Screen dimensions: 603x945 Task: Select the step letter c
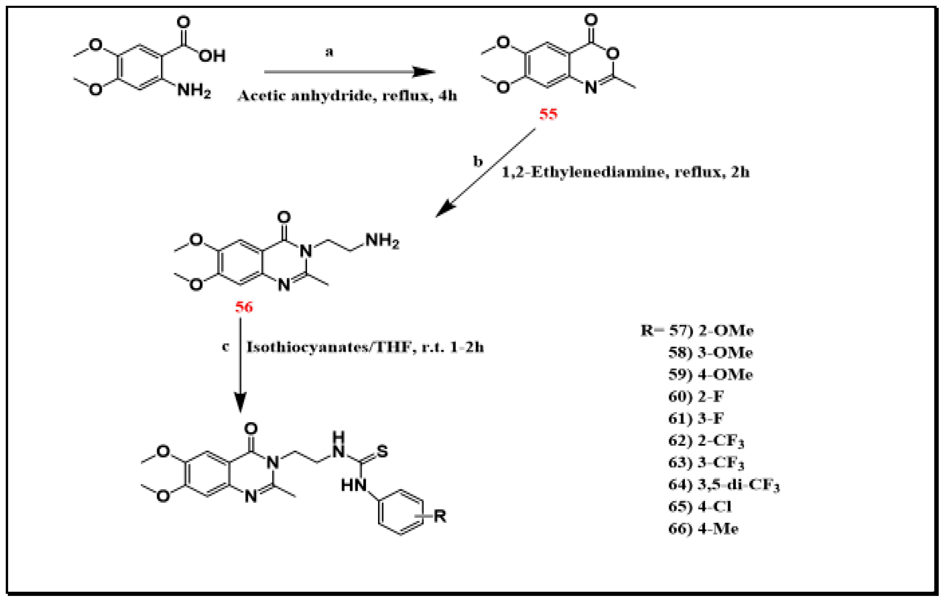pos(225,347)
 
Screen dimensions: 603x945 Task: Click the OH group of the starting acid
pos(212,56)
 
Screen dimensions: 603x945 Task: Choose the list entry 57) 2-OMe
pos(711,331)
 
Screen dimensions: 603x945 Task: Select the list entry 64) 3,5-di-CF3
pos(723,485)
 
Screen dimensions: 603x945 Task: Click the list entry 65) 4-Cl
pos(700,507)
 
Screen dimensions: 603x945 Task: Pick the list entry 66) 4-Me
pos(703,529)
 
